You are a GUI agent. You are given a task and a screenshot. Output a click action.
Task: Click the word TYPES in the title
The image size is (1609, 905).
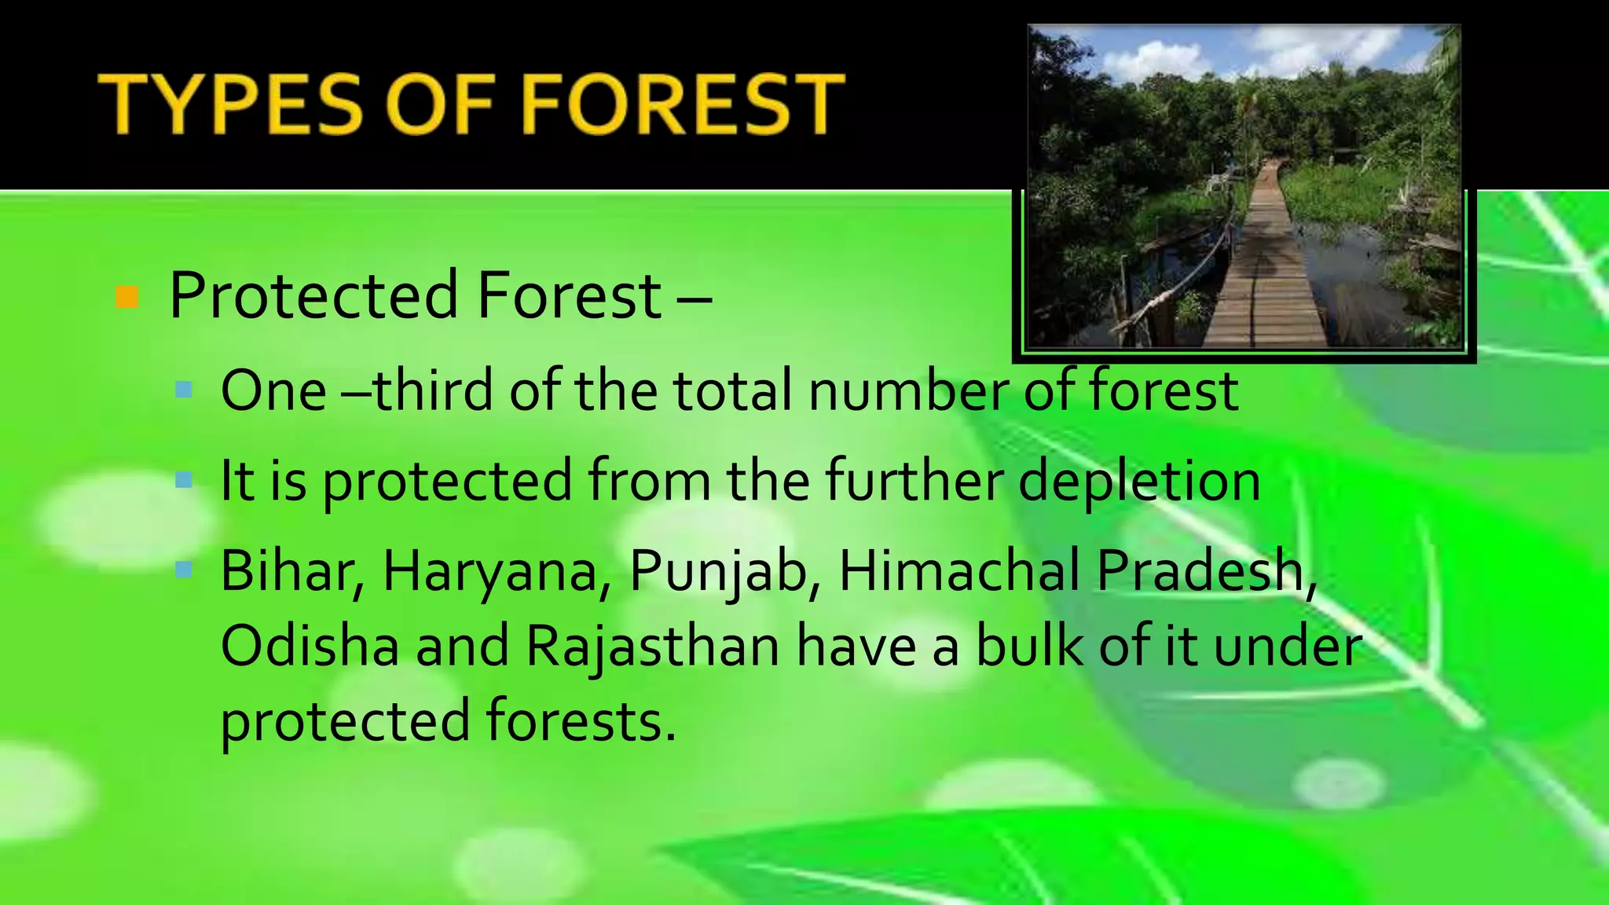coord(232,104)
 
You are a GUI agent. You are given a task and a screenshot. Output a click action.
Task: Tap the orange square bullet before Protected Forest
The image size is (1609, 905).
coord(126,298)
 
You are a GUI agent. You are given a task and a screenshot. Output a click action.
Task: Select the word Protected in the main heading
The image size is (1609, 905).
coord(313,296)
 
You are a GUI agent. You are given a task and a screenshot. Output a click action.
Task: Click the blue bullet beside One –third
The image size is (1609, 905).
coord(184,389)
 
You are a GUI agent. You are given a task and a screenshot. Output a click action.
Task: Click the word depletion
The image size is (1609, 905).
coord(1138,481)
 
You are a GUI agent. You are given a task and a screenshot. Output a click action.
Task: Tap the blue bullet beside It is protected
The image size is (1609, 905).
coord(184,479)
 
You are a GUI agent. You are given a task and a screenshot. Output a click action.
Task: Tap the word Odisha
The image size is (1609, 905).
coord(310,646)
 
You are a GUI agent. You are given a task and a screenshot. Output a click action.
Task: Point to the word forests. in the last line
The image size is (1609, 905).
coord(580,721)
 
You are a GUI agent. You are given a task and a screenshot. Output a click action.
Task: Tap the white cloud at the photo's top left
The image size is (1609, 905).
coord(1155,59)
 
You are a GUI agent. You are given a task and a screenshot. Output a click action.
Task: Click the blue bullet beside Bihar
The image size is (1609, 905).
coord(184,570)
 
